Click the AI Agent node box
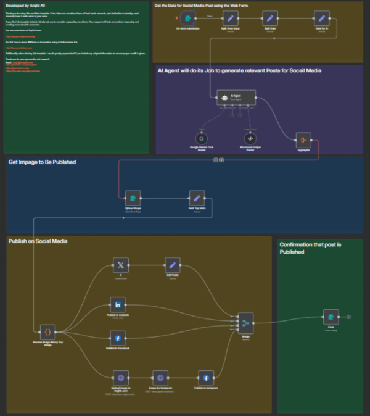point(236,98)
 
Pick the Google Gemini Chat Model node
point(202,138)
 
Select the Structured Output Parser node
point(250,138)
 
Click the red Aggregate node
point(303,139)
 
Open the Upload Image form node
point(133,198)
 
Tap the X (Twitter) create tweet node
point(121,265)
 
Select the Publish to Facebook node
point(117,338)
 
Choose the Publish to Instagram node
point(205,378)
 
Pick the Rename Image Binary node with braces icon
point(47,331)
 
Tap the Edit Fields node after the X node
point(173,265)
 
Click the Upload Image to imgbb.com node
point(120,378)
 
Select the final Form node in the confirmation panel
point(331,317)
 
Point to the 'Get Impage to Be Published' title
point(42,162)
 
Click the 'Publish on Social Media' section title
point(38,241)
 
